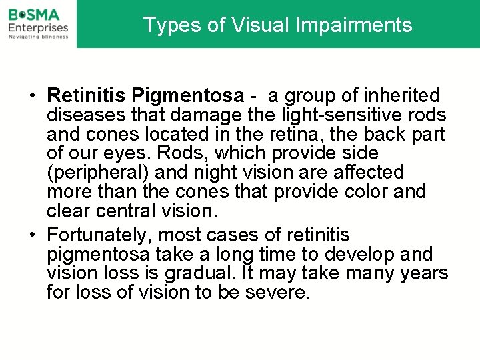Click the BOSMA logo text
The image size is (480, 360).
coord(34,14)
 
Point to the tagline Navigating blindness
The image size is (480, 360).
coord(38,37)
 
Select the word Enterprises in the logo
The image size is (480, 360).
coord(38,27)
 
